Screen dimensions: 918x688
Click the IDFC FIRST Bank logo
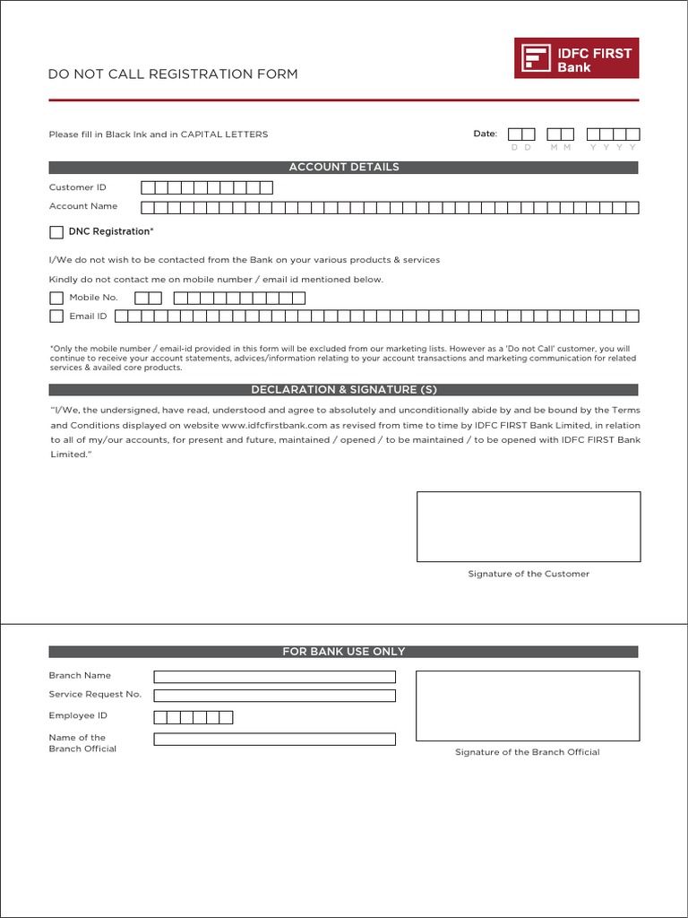point(576,57)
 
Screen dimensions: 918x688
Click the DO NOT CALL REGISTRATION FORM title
point(173,74)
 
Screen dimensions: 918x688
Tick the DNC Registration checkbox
point(56,232)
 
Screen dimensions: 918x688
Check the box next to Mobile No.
point(56,298)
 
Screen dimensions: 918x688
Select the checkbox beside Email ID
point(56,316)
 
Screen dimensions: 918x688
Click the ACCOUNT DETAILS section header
point(343,168)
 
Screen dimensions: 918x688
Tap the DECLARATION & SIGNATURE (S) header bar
point(343,390)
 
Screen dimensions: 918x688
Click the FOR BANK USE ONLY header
point(343,652)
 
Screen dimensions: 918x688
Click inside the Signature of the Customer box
point(529,526)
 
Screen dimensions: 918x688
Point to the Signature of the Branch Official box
point(528,706)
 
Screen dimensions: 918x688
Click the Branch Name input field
point(274,677)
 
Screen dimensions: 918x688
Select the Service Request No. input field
point(274,696)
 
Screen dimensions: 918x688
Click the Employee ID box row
point(193,717)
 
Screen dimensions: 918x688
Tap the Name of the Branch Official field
point(274,740)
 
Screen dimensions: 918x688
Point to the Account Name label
point(82,206)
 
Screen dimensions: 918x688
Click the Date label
point(485,134)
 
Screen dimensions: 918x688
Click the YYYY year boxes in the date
point(614,134)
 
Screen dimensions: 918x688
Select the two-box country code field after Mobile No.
point(149,298)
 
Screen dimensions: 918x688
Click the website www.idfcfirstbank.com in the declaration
point(274,425)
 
